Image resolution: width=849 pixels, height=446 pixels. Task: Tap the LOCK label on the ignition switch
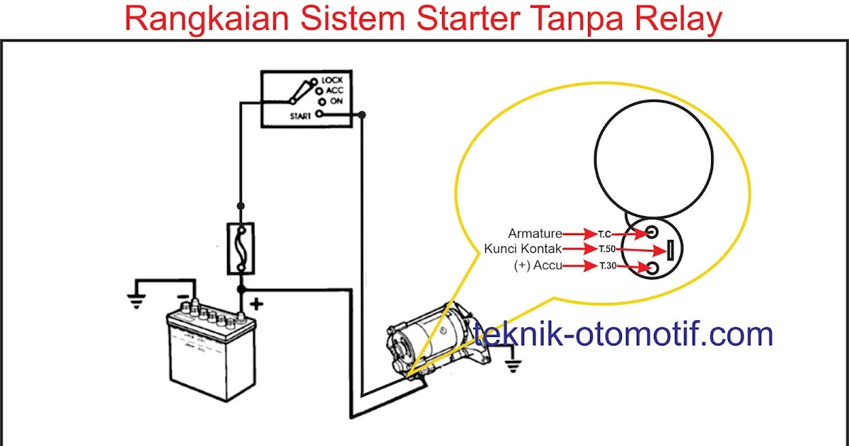click(332, 81)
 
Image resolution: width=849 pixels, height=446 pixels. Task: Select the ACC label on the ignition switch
click(335, 91)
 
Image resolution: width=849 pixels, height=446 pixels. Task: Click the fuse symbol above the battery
click(241, 248)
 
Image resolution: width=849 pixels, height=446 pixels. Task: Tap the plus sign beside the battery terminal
click(256, 304)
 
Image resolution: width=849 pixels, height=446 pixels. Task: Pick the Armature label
click(535, 234)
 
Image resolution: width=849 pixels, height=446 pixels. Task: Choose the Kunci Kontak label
click(523, 249)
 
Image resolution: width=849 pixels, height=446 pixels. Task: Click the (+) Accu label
click(537, 266)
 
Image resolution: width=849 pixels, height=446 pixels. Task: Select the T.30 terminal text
click(608, 266)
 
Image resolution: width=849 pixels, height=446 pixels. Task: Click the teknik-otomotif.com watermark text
click(623, 333)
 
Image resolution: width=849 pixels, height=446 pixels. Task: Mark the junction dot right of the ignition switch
click(362, 115)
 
